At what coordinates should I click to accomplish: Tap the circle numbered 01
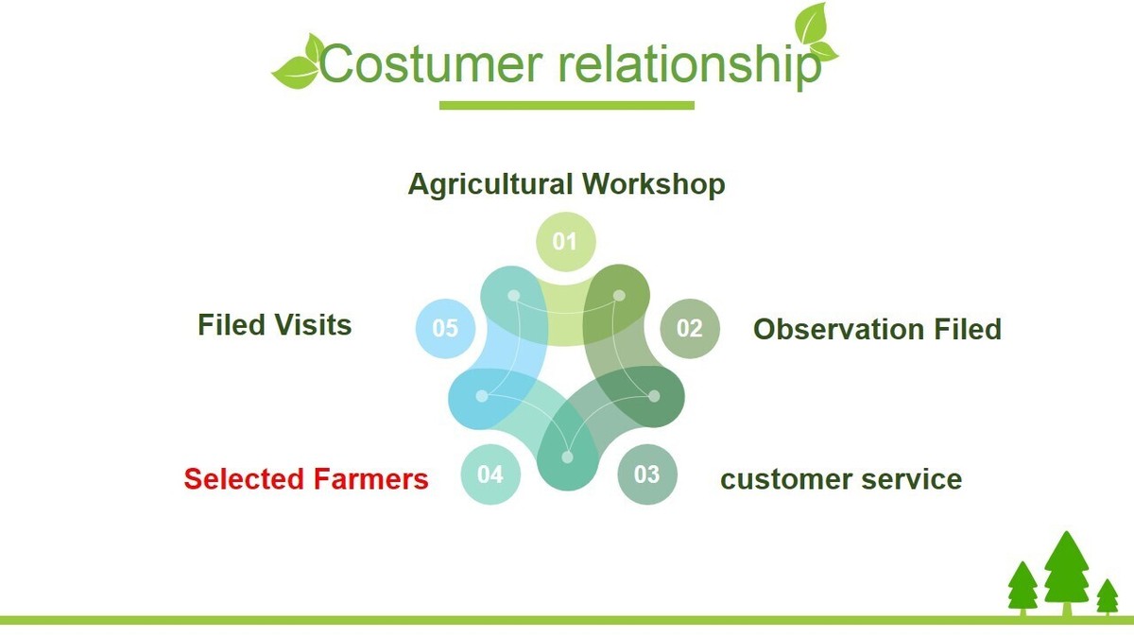pos(565,242)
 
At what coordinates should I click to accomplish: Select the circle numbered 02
pos(690,328)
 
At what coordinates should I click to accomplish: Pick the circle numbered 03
pos(647,474)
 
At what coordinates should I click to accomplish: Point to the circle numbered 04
pos(490,474)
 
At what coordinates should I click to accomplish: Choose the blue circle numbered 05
pos(445,328)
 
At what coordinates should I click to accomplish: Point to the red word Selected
pos(242,479)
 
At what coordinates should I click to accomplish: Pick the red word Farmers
pos(369,479)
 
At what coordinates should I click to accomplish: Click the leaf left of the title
pos(297,63)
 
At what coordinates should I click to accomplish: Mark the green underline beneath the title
pos(566,105)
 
